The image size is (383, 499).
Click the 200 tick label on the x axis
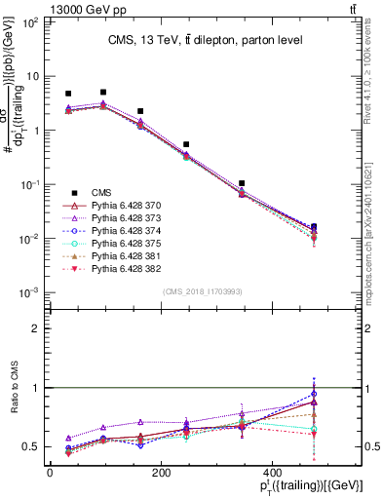tap(200, 475)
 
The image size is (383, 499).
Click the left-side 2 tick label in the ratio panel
tap(35, 328)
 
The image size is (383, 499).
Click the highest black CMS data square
tap(103, 93)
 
